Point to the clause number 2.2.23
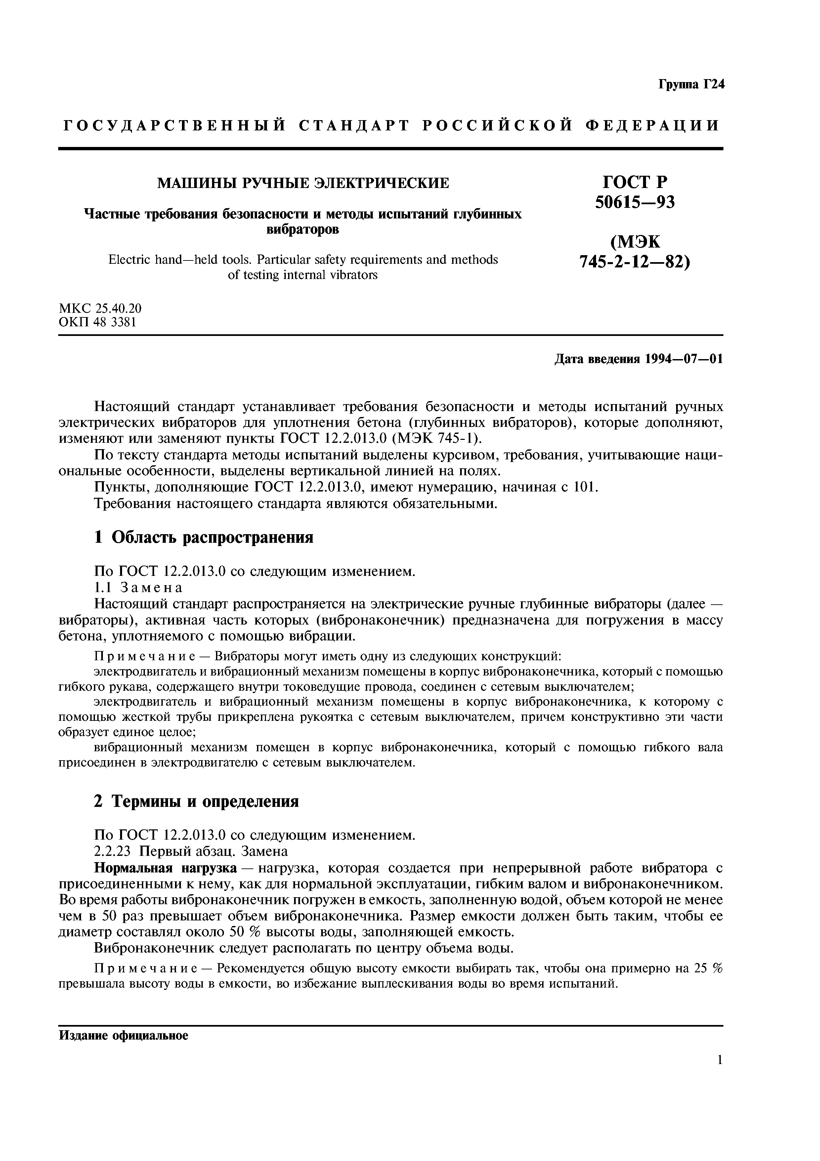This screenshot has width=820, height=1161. pos(112,852)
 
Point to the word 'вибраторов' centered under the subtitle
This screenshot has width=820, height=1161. pos(303,230)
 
